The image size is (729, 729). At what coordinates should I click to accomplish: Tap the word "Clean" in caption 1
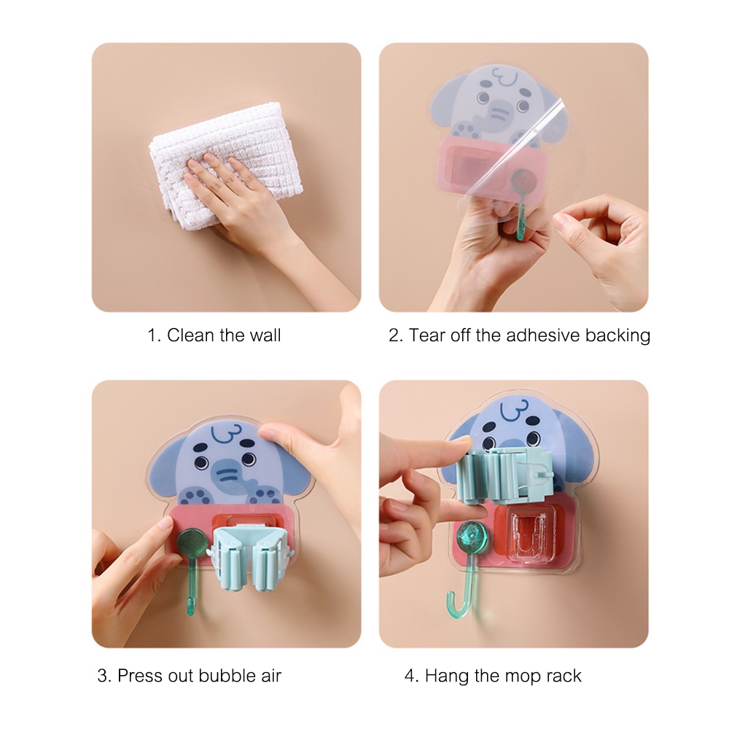tap(191, 335)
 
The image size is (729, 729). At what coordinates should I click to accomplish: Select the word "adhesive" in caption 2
tap(539, 335)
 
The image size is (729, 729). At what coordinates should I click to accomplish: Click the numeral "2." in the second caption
tap(395, 335)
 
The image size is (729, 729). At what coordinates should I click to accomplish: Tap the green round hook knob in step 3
tap(192, 542)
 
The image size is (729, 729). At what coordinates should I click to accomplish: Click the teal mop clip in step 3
tap(248, 561)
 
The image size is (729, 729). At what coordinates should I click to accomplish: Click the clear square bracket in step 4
tap(530, 539)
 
